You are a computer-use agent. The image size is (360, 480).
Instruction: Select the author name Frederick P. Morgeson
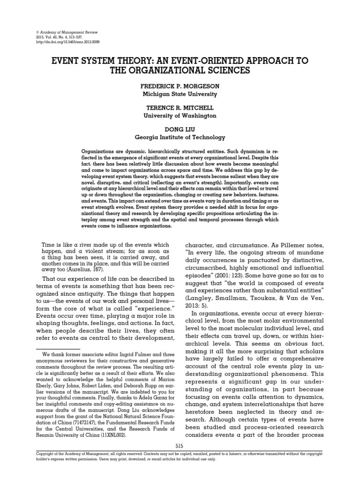[173, 88]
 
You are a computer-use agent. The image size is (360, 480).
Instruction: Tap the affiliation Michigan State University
[173, 94]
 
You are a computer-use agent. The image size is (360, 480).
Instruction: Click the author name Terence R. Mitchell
[173, 108]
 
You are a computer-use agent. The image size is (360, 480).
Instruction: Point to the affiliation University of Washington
[173, 115]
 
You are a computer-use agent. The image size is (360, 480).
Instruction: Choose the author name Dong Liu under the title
[173, 129]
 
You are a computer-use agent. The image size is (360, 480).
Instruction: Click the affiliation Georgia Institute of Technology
[173, 137]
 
